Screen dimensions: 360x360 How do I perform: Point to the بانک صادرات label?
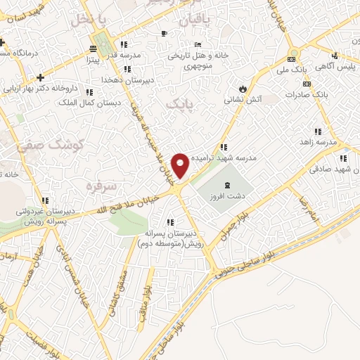point(307,94)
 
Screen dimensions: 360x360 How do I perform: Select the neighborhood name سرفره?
point(99,187)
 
